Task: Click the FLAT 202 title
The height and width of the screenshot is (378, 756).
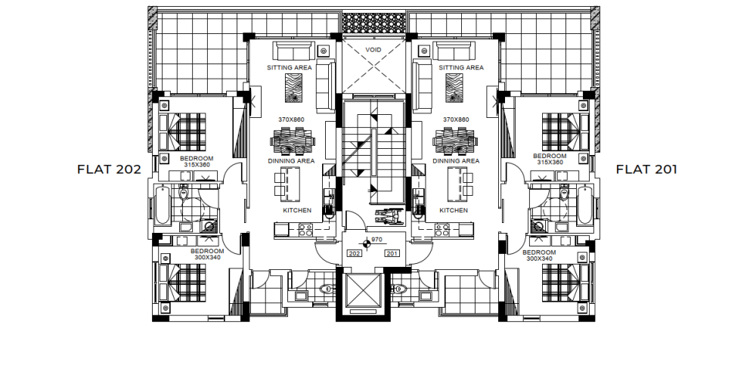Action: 109,169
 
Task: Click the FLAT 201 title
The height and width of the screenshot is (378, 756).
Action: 646,169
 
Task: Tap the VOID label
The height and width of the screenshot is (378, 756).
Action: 373,50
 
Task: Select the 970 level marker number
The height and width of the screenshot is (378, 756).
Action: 377,240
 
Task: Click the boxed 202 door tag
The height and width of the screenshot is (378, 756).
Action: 355,253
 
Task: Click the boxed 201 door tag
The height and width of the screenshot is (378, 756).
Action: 392,253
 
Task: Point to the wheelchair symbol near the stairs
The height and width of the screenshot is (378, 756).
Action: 389,215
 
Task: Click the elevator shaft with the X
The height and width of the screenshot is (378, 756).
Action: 364,291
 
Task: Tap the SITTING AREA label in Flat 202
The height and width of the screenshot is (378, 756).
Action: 290,67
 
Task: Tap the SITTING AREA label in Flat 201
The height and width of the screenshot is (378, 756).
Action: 461,67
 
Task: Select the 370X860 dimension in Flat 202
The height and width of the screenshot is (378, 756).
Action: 291,119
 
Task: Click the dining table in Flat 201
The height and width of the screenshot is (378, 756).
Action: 455,141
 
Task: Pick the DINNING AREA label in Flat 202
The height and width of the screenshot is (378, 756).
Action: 291,161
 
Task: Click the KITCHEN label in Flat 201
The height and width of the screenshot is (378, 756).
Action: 454,210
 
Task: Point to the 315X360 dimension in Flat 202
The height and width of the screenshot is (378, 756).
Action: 197,164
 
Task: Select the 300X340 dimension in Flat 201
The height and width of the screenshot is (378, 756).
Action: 540,259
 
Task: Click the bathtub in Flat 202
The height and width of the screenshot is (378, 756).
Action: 163,205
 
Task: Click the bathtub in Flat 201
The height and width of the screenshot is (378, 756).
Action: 584,205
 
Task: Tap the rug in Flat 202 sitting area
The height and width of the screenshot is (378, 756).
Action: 293,88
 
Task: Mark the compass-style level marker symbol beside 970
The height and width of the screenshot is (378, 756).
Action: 367,244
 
